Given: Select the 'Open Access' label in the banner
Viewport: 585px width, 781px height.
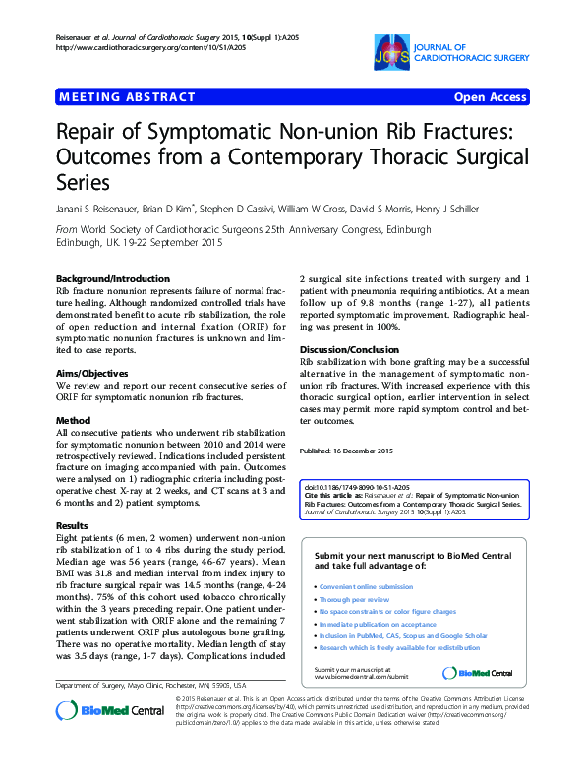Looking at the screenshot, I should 490,97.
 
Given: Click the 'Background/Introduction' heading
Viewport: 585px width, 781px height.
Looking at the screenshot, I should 112,278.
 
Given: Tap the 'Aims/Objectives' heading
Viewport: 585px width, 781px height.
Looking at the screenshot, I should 91,374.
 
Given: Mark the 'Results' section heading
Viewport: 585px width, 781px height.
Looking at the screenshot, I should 72,526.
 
